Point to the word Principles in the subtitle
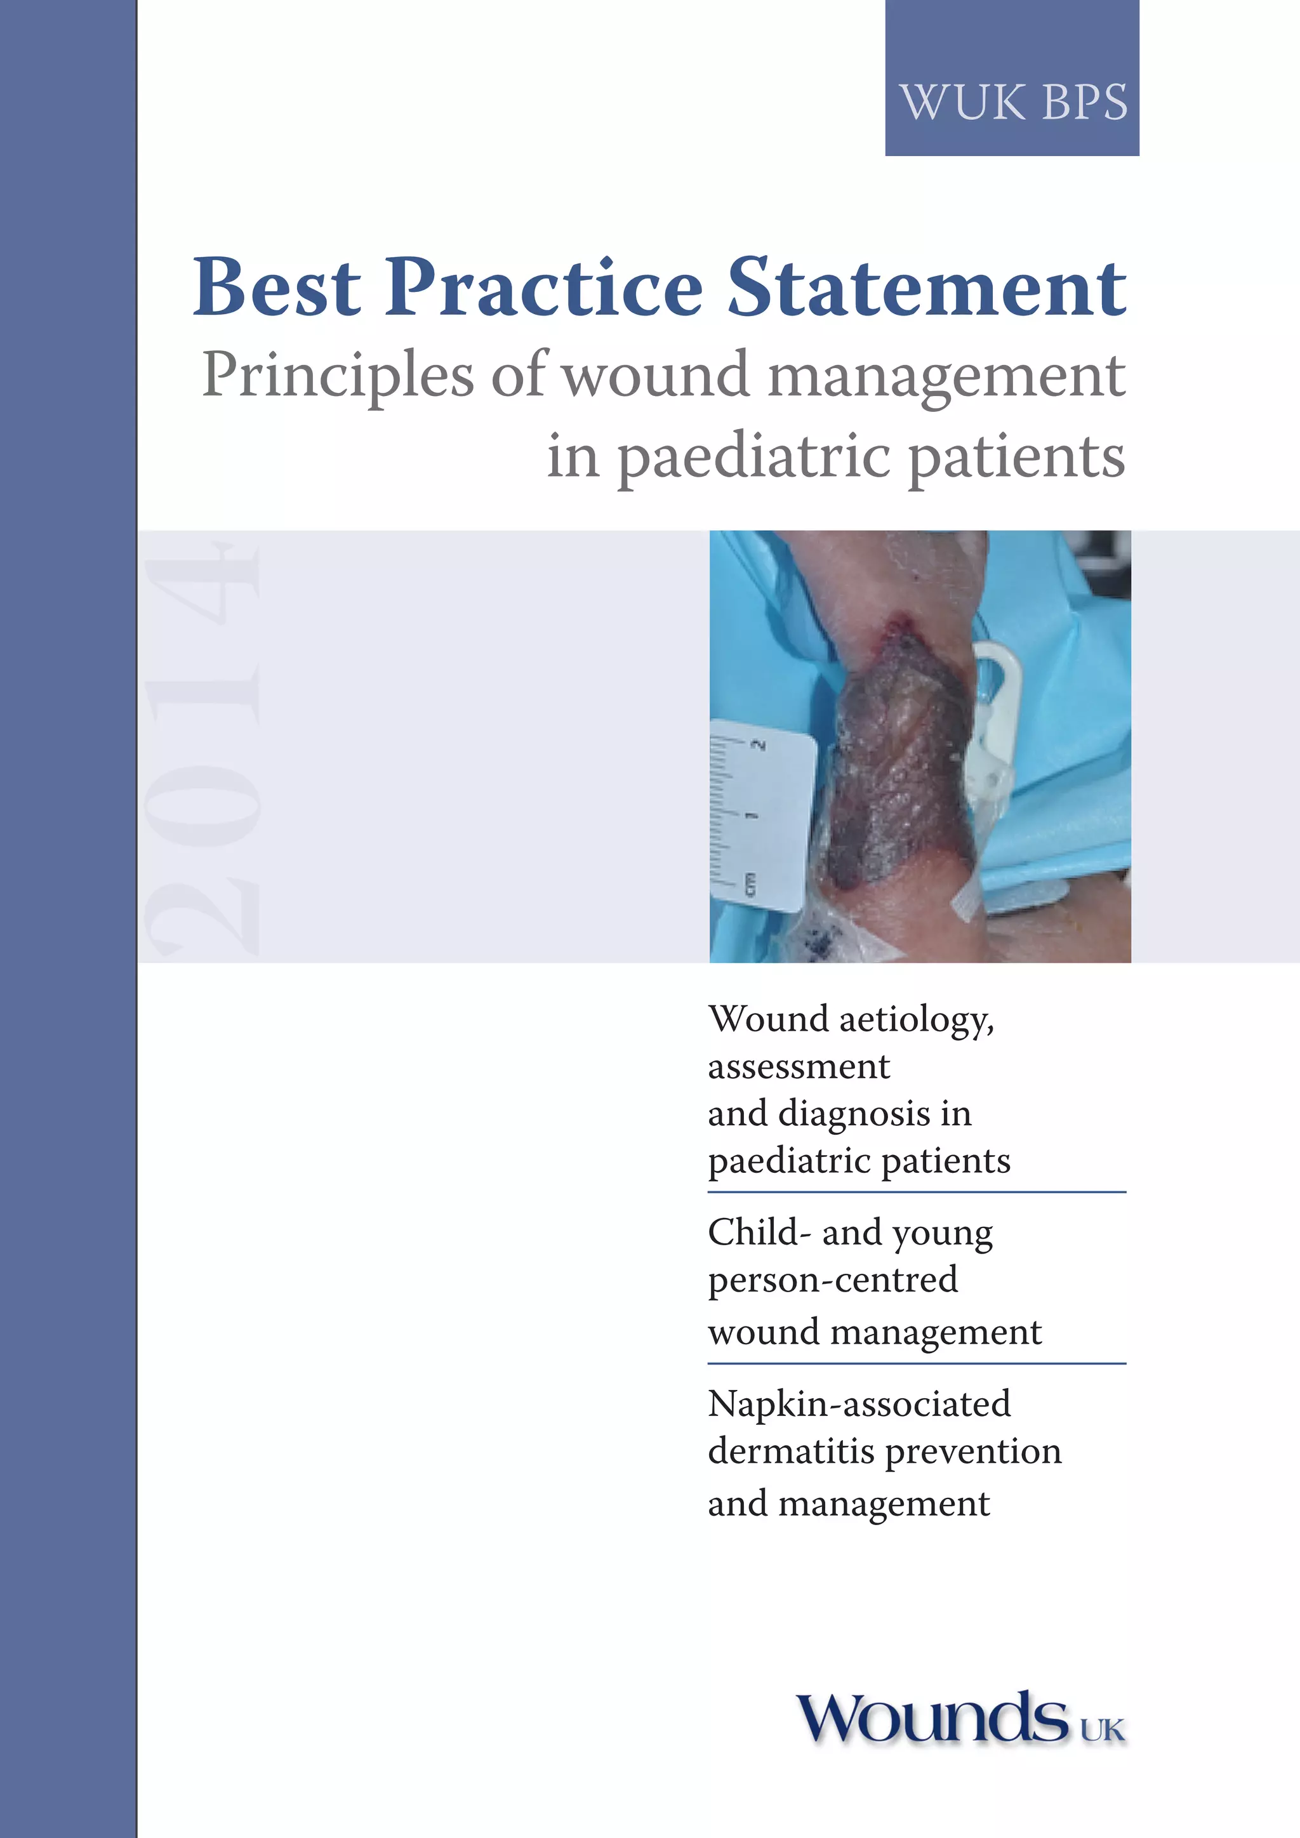(x=337, y=376)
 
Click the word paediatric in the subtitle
(x=752, y=457)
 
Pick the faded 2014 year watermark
(x=202, y=748)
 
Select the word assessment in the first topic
(x=798, y=1067)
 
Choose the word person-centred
(x=833, y=1279)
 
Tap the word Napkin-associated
(x=859, y=1403)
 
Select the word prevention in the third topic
(x=973, y=1452)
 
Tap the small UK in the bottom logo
(x=1103, y=1729)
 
